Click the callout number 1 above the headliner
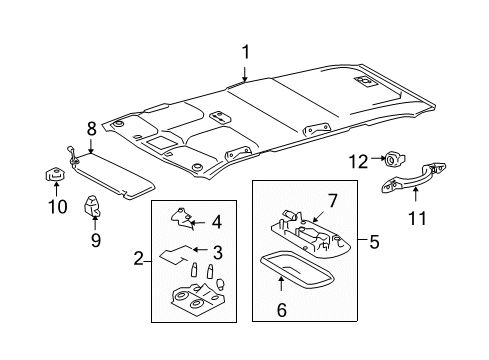point(244,51)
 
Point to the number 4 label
point(217,223)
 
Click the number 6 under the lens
point(281,312)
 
